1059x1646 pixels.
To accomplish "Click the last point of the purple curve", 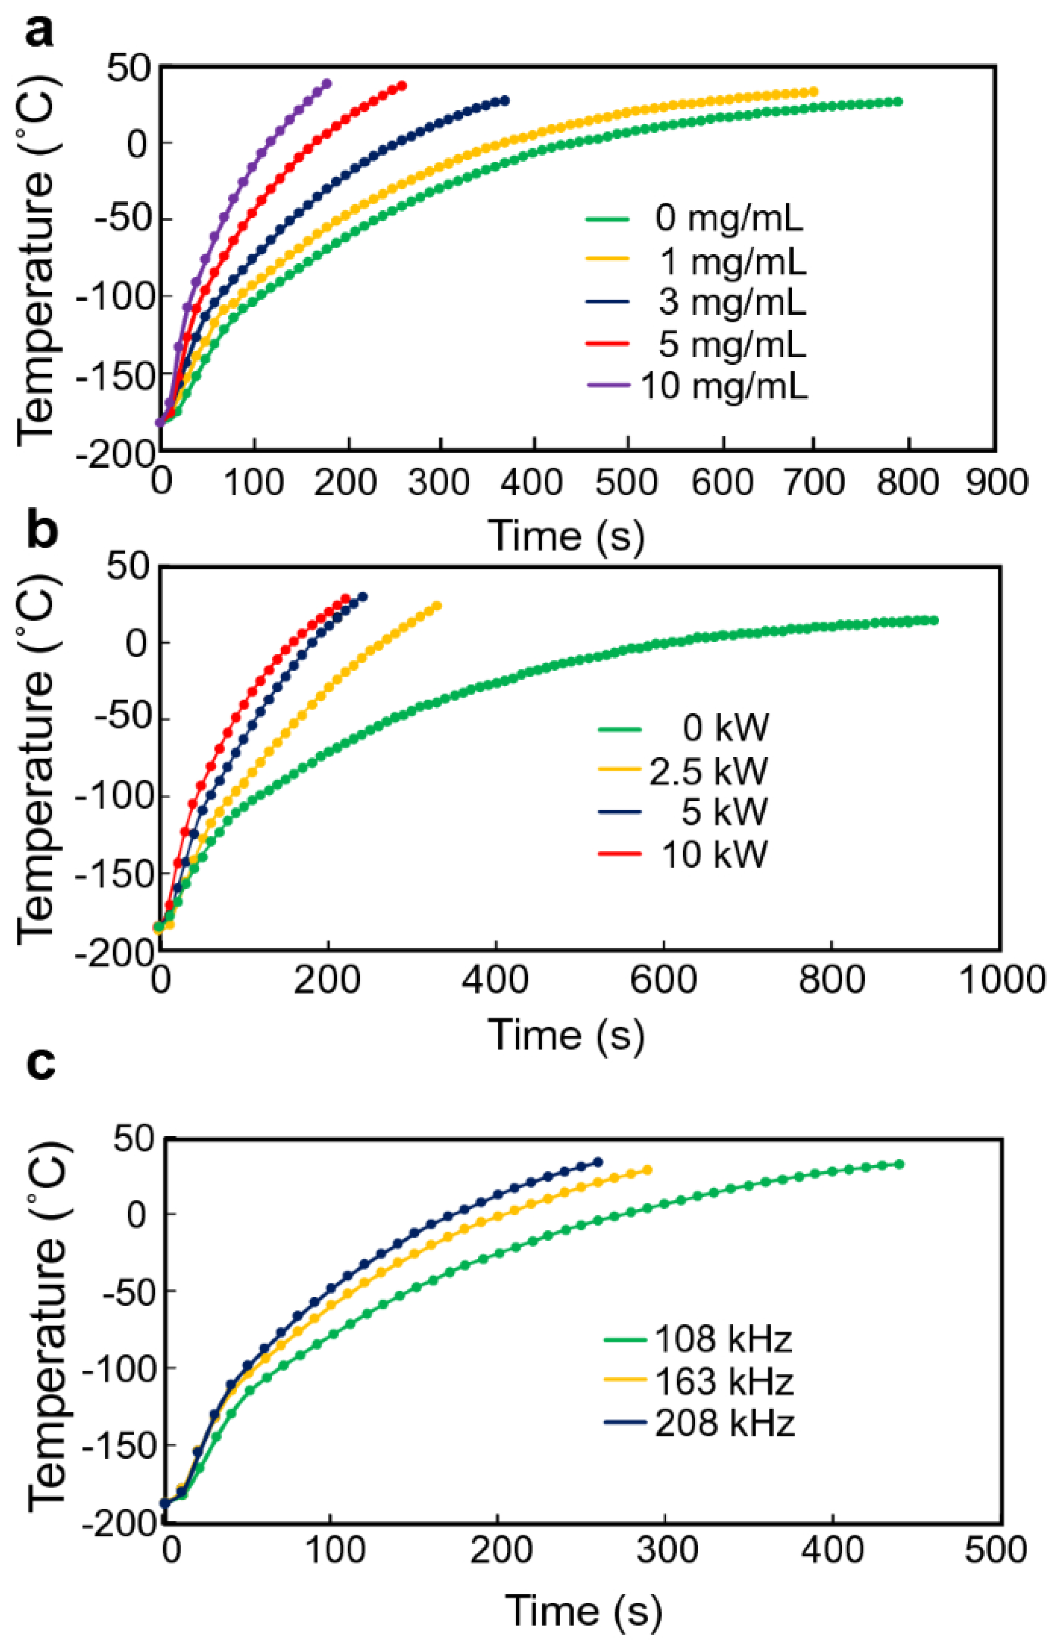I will pyautogui.click(x=327, y=84).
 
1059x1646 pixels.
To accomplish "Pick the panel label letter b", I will pyautogui.click(x=42, y=531).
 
